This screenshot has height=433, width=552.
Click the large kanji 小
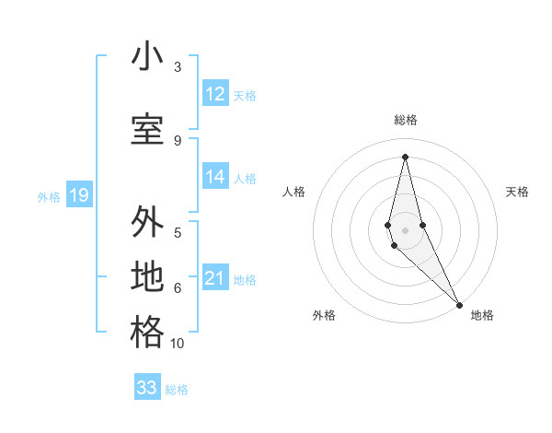[x=147, y=56]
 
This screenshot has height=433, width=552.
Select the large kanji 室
[x=147, y=130]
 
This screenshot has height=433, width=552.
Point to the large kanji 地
[x=147, y=277]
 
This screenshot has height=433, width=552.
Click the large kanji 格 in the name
[x=147, y=333]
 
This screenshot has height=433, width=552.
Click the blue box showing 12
[x=215, y=94]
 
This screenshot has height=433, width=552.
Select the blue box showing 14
[x=215, y=178]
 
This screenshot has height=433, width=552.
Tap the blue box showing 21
[x=215, y=279]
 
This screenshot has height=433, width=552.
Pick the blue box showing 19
[x=78, y=195]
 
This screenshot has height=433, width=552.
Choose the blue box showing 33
[x=147, y=388]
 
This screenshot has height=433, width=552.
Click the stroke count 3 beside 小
[x=178, y=67]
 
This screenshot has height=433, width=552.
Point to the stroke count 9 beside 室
[x=178, y=141]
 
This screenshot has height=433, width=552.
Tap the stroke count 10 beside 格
[x=178, y=344]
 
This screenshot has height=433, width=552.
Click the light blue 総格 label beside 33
[x=177, y=390]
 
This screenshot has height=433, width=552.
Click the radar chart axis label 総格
[x=405, y=120]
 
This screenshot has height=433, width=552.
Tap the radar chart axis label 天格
[x=517, y=192]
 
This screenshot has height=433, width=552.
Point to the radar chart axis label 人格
[x=293, y=192]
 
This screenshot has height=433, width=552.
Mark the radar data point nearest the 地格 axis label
[x=459, y=304]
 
